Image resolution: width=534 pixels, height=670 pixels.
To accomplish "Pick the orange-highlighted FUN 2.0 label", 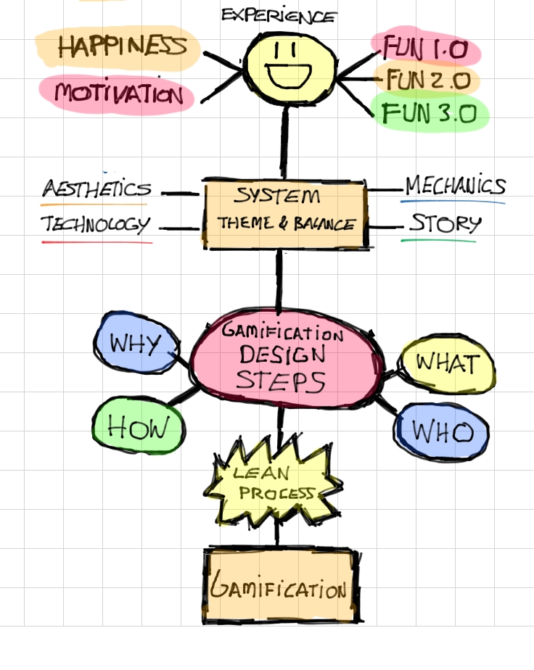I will pyautogui.click(x=428, y=79).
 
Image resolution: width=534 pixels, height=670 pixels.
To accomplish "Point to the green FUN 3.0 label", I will pyautogui.click(x=429, y=112).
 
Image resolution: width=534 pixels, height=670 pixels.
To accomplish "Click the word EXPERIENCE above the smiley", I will pyautogui.click(x=279, y=15).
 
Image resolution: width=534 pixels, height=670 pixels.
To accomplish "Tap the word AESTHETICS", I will pyautogui.click(x=96, y=190).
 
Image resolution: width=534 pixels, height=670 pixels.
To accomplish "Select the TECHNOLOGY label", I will pyautogui.click(x=96, y=225).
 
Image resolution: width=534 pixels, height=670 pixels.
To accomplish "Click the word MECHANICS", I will pyautogui.click(x=454, y=186).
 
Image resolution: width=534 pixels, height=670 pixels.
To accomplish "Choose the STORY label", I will pyautogui.click(x=445, y=223).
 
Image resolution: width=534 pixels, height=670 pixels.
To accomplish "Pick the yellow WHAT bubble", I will pyautogui.click(x=448, y=363).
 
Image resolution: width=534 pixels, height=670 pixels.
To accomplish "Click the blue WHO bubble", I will pyautogui.click(x=442, y=433).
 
